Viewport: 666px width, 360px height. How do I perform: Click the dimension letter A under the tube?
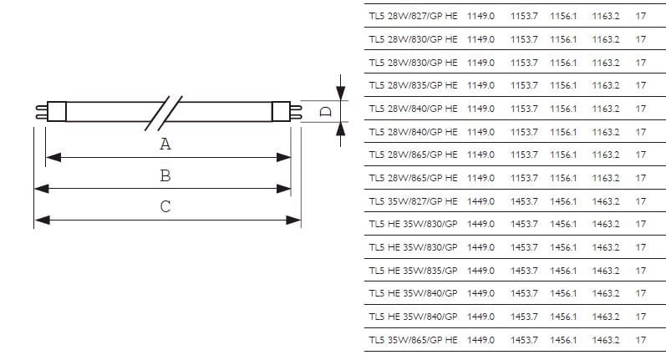click(x=165, y=145)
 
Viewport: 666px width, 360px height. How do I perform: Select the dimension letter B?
click(x=165, y=175)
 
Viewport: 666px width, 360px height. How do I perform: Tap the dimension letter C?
click(x=165, y=207)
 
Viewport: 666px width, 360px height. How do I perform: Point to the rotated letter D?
click(x=327, y=111)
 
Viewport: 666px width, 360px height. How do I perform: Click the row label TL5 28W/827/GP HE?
click(x=413, y=16)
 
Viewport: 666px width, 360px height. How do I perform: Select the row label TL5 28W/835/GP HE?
click(x=413, y=86)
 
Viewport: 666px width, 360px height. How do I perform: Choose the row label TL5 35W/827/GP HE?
click(x=413, y=201)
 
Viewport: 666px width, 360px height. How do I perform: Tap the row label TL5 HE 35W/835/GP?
click(x=413, y=271)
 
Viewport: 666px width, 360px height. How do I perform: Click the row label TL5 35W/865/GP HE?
click(x=413, y=340)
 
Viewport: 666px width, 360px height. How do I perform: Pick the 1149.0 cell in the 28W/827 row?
click(x=481, y=16)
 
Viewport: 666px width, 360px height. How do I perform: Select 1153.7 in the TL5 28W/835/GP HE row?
click(x=524, y=86)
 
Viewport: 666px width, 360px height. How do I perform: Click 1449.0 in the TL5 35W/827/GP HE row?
click(x=481, y=201)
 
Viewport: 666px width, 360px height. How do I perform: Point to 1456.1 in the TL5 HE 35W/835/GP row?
click(x=563, y=271)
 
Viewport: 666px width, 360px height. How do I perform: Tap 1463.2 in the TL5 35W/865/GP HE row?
click(x=606, y=340)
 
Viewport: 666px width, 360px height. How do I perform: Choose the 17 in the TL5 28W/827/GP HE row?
click(x=641, y=16)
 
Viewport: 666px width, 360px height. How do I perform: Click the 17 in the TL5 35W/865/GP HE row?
click(x=641, y=340)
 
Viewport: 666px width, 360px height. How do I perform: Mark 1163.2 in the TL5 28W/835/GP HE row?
click(x=606, y=86)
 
